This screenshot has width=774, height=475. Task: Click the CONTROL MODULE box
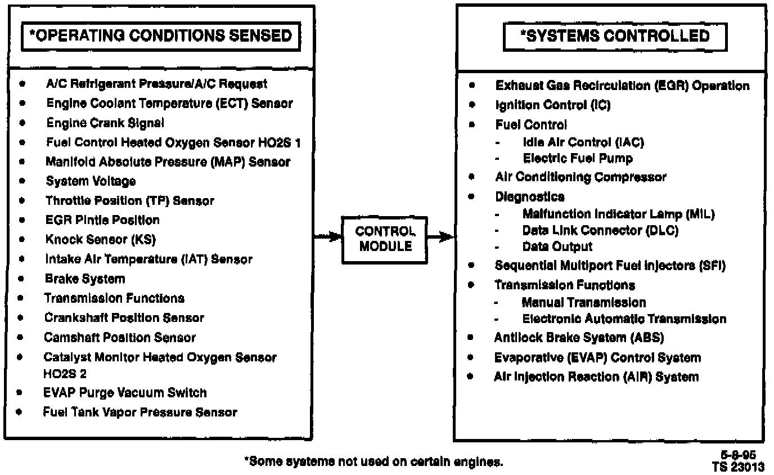pos(384,239)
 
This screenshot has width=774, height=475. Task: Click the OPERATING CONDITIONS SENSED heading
pos(160,37)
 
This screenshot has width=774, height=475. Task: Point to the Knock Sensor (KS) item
pos(101,239)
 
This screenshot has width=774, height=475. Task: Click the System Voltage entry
pos(91,181)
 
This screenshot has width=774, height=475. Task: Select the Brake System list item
pos(85,279)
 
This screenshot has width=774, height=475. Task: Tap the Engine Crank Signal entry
pos(105,123)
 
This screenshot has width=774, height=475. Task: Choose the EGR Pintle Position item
pos(102,220)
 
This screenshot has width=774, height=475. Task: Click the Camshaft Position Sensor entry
pos(120,338)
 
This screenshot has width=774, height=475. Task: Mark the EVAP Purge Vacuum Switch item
pos(125,393)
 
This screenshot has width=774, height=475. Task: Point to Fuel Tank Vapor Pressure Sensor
pos(140,412)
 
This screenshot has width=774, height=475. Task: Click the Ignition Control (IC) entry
pos(552,105)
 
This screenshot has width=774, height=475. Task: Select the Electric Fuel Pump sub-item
pos(578,158)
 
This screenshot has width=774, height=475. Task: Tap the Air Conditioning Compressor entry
pos(580,177)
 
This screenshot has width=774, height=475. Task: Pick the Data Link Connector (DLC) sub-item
pos(600,231)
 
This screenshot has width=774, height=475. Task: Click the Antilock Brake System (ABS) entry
pos(579,338)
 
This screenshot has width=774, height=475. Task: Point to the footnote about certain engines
pos(373,462)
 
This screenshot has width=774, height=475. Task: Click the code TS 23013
pos(737,466)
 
